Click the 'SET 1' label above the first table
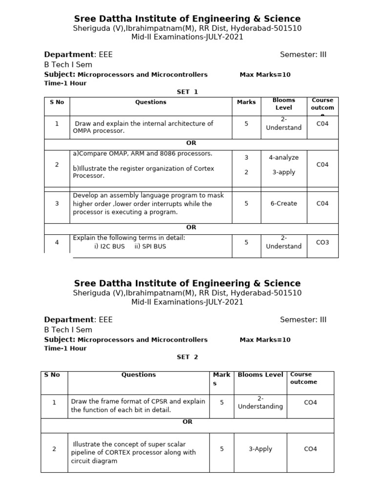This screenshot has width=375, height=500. click(187, 92)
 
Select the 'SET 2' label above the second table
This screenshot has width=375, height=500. click(187, 357)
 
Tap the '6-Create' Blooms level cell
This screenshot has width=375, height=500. click(284, 204)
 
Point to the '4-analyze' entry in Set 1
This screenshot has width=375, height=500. click(284, 158)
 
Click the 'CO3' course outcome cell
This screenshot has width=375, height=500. click(323, 242)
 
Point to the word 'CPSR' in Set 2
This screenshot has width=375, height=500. click(145, 401)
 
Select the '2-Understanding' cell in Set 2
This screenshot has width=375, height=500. click(260, 402)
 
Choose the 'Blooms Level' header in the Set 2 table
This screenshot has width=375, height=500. click(260, 375)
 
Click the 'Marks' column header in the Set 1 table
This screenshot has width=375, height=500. click(246, 103)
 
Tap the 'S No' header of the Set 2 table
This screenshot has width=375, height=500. click(52, 375)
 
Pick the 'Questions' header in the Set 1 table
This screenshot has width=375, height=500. click(150, 102)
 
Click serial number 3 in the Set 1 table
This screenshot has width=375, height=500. click(57, 204)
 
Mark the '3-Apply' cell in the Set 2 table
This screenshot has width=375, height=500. click(260, 449)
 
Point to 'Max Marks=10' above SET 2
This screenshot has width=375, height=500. click(265, 340)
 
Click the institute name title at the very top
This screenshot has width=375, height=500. click(187, 19)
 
